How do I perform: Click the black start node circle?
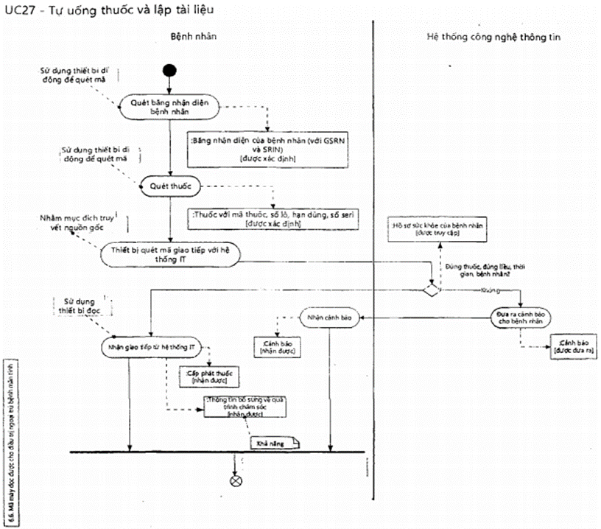click(x=170, y=71)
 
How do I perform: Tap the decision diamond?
click(x=429, y=290)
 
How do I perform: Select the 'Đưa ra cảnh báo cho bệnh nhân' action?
click(x=522, y=318)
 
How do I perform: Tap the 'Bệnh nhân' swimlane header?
click(x=193, y=36)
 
